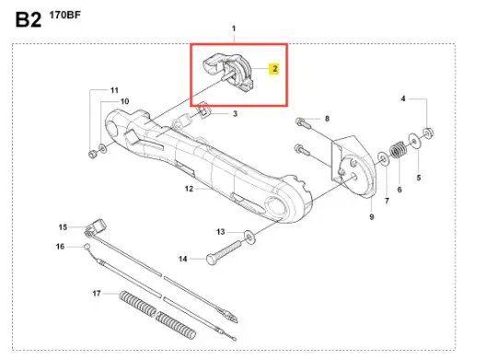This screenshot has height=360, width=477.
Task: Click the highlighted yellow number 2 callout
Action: pos(274,69)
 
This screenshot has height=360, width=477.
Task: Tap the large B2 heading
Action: pos(29,20)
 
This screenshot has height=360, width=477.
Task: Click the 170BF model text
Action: pos(64,15)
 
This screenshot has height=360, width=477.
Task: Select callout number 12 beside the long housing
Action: pos(189,189)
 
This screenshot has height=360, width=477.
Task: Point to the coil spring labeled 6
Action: pos(399,149)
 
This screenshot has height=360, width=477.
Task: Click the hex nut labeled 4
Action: pos(428,133)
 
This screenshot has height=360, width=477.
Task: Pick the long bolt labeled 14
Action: pos(224,252)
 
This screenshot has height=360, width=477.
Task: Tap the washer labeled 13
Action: pos(250,238)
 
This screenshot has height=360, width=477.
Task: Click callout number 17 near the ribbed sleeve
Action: pos(97,294)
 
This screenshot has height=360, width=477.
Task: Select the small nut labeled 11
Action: pos(92,154)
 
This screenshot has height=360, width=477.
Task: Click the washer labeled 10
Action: pos(103,149)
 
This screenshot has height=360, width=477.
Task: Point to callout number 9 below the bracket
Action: pos(371,217)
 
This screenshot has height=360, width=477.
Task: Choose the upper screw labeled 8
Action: pos(303,123)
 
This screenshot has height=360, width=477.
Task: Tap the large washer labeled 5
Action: pos(414,141)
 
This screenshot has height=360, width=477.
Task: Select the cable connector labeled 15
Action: pos(96,227)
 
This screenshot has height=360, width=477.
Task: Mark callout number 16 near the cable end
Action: pos(60,247)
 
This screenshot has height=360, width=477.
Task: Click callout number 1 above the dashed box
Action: pos(234,29)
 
